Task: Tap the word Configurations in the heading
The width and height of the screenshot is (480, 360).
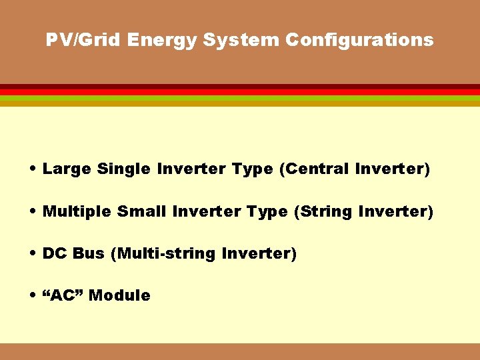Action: (x=359, y=40)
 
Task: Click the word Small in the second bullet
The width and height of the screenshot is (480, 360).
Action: (x=142, y=212)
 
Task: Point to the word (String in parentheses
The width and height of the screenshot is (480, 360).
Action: (x=323, y=212)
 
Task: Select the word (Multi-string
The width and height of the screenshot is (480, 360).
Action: (x=163, y=254)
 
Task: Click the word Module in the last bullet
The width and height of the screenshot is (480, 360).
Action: (x=119, y=295)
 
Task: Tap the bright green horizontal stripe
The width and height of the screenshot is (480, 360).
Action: (x=240, y=98)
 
